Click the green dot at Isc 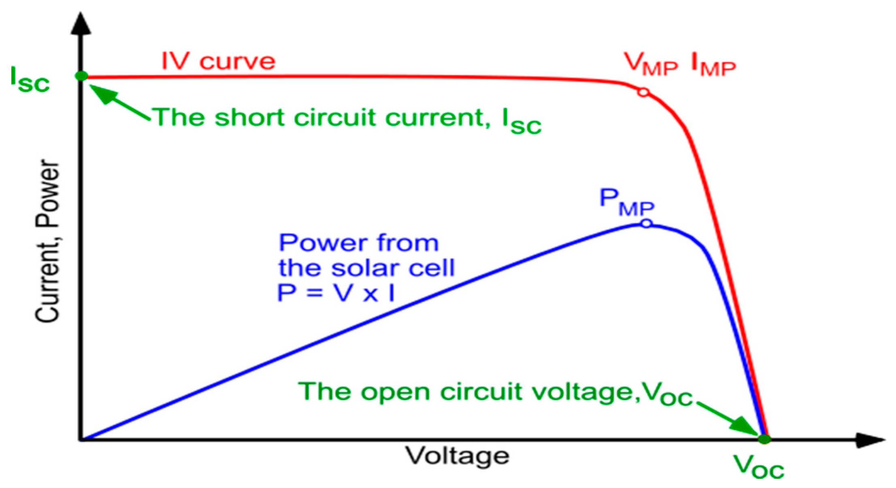coord(81,76)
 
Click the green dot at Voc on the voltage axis coord(764,439)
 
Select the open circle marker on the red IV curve coord(643,92)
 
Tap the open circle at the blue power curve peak coord(646,223)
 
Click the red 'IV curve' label coord(218,61)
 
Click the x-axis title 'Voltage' coord(457,456)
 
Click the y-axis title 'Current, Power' coord(47,241)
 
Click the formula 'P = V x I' coord(336,293)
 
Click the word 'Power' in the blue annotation coord(320,243)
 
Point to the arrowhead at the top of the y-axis coord(81,24)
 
